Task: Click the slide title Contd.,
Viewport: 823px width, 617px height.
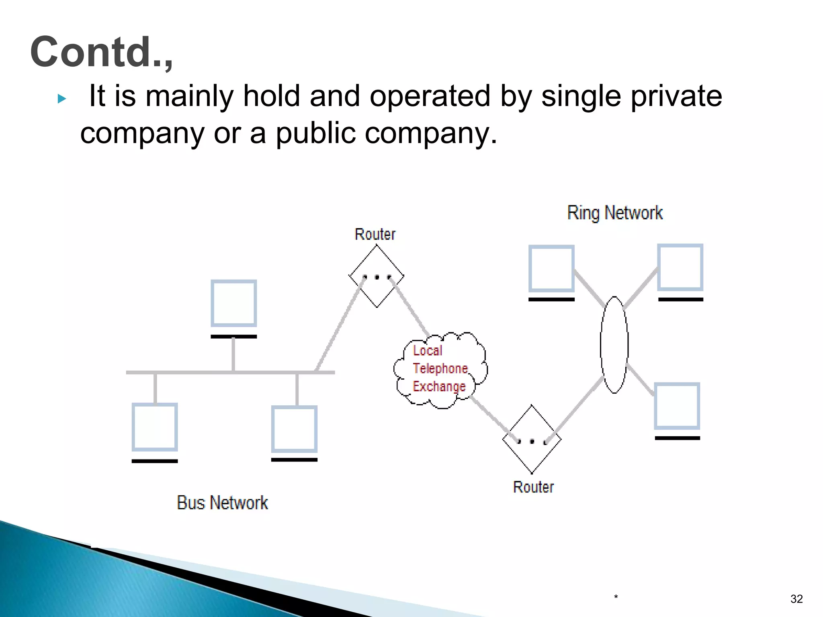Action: tap(101, 52)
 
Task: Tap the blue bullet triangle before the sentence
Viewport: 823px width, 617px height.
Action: tap(61, 98)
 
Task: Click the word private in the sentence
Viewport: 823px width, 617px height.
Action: tap(676, 96)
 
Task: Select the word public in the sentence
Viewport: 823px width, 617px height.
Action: tap(315, 133)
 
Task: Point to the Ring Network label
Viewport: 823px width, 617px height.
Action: tap(615, 213)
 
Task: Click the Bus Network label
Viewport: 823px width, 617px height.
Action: tap(222, 503)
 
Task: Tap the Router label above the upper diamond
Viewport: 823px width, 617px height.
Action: tap(375, 234)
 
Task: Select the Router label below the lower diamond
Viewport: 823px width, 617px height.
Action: tap(533, 487)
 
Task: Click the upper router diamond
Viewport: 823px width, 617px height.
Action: tap(377, 276)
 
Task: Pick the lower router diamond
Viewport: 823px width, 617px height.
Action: tap(532, 439)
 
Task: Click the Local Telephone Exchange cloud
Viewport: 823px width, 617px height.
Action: tap(440, 370)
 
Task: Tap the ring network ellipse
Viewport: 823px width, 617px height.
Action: tap(614, 345)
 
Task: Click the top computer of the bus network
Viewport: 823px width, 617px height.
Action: tap(234, 304)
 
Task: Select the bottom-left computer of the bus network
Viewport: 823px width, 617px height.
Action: tap(155, 427)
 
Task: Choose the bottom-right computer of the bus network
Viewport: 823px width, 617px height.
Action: tap(294, 429)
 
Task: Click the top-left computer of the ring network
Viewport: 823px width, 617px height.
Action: tap(551, 268)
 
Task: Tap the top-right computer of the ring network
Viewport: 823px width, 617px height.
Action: tap(680, 267)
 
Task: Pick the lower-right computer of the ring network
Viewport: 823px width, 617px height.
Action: tap(677, 406)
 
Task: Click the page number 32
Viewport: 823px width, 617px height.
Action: tap(796, 599)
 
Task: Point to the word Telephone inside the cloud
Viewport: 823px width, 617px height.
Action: tap(440, 368)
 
